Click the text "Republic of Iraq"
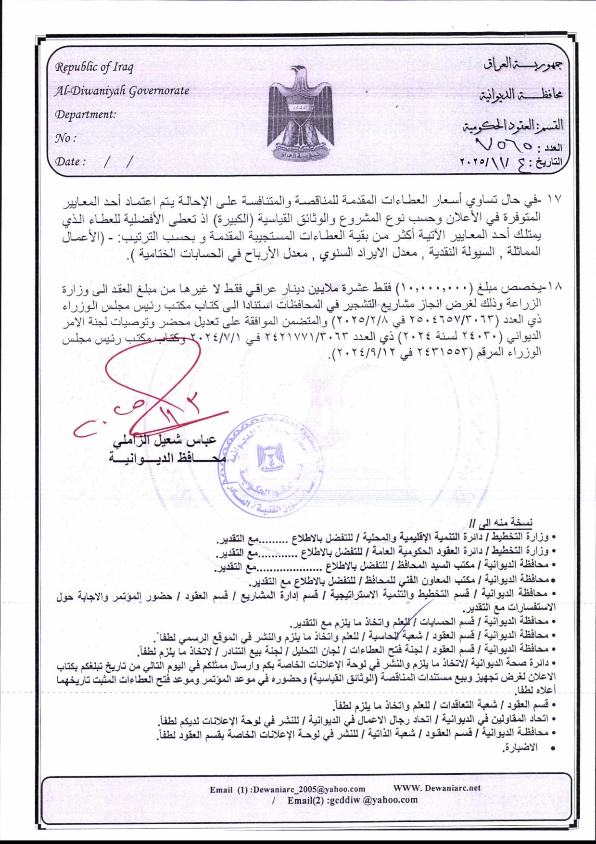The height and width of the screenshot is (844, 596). pyautogui.click(x=94, y=67)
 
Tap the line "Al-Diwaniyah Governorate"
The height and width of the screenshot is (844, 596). pyautogui.click(x=121, y=90)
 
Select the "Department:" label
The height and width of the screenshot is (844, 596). pyautogui.click(x=85, y=115)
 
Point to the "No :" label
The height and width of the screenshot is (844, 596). pyautogui.click(x=65, y=138)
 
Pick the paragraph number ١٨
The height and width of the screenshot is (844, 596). pyautogui.click(x=555, y=288)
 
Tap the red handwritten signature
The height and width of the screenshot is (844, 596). pyautogui.click(x=154, y=395)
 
